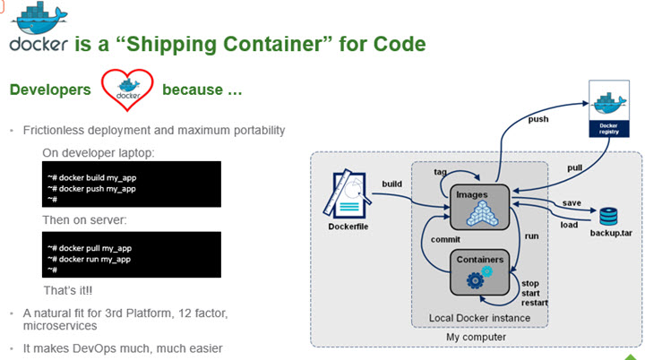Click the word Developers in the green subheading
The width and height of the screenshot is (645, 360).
[x=50, y=90]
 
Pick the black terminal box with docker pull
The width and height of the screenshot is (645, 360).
[x=133, y=254]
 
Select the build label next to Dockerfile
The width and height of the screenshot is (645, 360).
[x=391, y=184]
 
